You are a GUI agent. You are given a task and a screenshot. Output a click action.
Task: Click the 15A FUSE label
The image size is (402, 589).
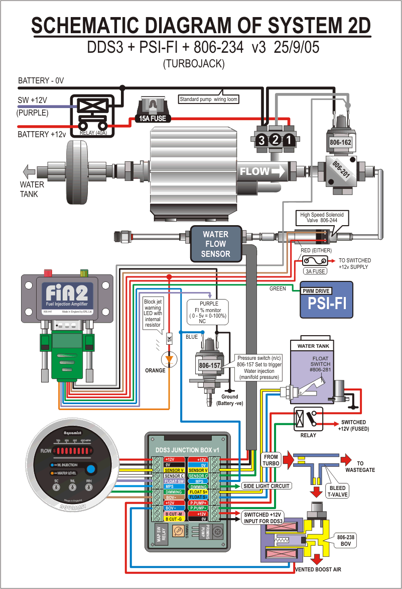coord(153,119)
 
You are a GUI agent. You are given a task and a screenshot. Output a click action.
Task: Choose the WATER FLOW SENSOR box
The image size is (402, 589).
coord(215,244)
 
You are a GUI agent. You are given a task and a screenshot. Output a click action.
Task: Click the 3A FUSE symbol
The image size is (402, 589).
coord(315,261)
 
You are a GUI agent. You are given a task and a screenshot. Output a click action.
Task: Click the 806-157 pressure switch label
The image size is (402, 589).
coord(209,365)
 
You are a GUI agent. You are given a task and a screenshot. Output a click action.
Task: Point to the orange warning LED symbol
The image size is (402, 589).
coord(169,359)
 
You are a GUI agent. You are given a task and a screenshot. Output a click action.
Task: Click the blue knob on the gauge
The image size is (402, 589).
coord(91,470)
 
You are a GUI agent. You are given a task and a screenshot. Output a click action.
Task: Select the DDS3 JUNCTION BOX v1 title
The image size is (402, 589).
coord(188,449)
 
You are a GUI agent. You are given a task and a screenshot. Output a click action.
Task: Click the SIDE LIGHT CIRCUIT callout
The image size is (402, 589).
coord(266,486)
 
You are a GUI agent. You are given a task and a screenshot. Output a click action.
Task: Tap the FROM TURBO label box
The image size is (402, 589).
coord(271,459)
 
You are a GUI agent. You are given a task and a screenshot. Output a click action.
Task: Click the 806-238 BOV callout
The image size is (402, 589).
coord(346,540)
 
